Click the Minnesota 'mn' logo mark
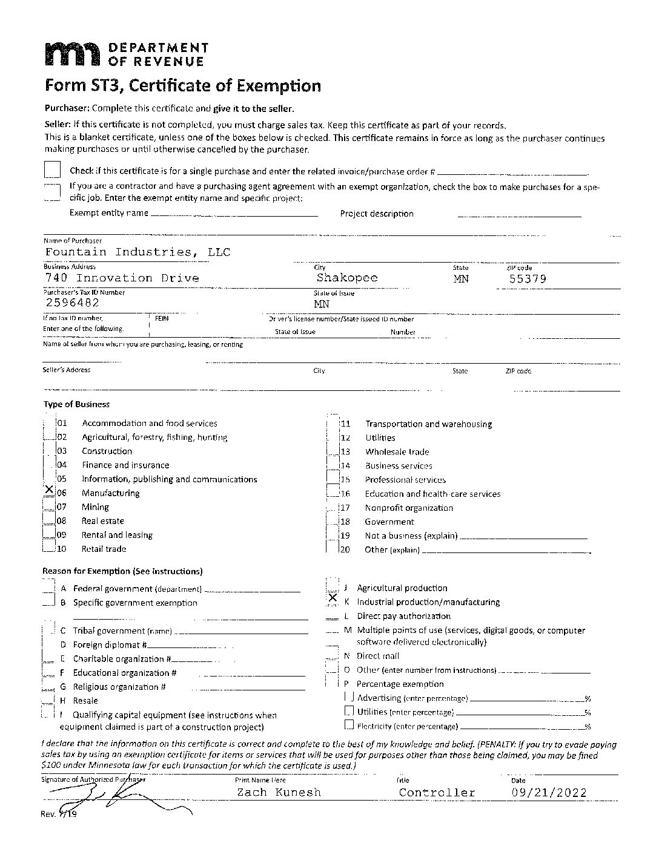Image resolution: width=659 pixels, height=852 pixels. click(x=71, y=54)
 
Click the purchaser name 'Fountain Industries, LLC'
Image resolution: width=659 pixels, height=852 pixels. click(x=137, y=252)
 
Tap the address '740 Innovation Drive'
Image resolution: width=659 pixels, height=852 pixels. click(x=122, y=278)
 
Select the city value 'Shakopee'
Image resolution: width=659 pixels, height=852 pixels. click(x=346, y=277)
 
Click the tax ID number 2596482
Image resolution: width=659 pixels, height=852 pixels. click(x=72, y=303)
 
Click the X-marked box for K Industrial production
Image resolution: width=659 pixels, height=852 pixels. click(x=332, y=598)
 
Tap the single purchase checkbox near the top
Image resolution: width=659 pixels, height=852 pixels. click(x=53, y=169)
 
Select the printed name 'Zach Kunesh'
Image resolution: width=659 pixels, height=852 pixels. click(x=279, y=792)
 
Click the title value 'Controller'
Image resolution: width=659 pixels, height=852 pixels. click(x=437, y=792)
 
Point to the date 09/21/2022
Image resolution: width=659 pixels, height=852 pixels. click(x=549, y=792)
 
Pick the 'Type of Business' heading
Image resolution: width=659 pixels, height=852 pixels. click(x=76, y=404)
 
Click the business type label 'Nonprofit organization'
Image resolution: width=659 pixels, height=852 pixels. click(x=408, y=508)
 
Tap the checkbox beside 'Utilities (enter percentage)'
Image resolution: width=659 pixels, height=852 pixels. click(x=349, y=711)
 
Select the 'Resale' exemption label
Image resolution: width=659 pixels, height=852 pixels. click(x=85, y=700)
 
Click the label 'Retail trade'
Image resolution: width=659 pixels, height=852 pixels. click(x=104, y=549)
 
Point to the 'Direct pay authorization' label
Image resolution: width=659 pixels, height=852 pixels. click(x=403, y=616)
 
